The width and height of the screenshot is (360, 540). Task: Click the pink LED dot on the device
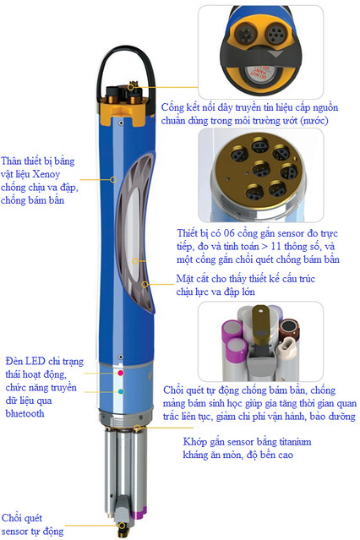[x=121, y=373]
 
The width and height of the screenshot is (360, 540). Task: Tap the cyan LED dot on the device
[x=121, y=391]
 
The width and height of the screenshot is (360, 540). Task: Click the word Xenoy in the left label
[x=46, y=174]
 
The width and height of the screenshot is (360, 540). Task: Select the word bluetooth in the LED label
[x=25, y=413]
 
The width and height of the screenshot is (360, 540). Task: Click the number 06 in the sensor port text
[x=229, y=233]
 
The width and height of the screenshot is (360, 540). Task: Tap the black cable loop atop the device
[x=125, y=71]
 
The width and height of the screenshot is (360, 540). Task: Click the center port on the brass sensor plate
[x=260, y=168]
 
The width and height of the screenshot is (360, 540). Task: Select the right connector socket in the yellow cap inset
[x=275, y=33]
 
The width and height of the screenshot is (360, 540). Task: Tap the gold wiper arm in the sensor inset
[x=260, y=323]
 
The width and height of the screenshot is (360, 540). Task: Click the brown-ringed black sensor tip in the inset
[x=289, y=327]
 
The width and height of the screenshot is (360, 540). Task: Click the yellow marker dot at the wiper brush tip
[x=122, y=526]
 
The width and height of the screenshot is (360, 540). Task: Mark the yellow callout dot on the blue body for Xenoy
[x=113, y=179]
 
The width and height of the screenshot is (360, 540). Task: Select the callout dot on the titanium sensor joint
[x=137, y=428]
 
